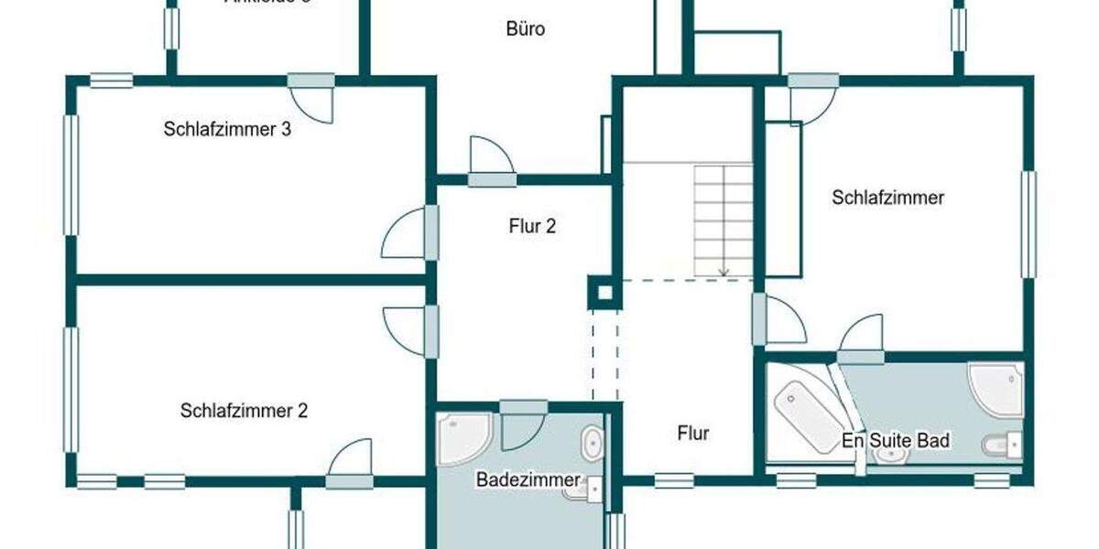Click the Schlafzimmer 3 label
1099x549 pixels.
(227, 129)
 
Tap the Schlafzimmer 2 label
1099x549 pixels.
(244, 411)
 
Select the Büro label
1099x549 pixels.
(526, 29)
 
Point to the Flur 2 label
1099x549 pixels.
(532, 226)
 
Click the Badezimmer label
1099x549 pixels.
(528, 479)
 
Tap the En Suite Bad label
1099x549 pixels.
(896, 441)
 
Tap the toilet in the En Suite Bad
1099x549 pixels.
(1001, 446)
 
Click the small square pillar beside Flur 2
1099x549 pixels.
(603, 293)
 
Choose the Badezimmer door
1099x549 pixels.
(523, 424)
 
